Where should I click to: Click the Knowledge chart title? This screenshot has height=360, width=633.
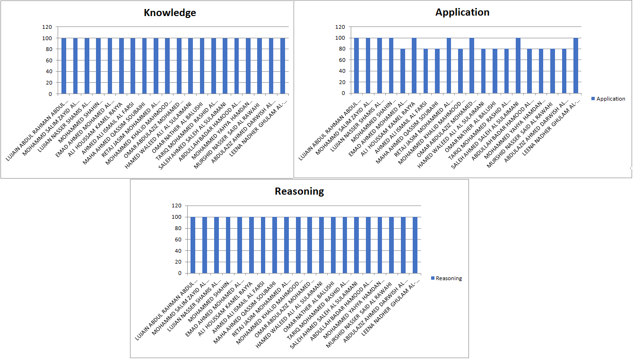click(x=170, y=13)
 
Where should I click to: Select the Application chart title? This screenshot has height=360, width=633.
click(x=462, y=12)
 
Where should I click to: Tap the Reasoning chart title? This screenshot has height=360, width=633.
click(x=299, y=191)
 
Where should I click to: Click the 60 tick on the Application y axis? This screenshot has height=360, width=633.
click(x=342, y=60)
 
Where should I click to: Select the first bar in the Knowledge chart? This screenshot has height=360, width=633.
click(x=64, y=66)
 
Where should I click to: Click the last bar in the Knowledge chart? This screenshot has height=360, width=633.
click(x=283, y=66)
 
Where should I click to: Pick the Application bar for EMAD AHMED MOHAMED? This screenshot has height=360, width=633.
click(x=403, y=71)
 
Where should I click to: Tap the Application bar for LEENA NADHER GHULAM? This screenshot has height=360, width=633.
click(x=576, y=66)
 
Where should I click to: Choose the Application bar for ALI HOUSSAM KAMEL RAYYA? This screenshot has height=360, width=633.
click(x=414, y=66)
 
